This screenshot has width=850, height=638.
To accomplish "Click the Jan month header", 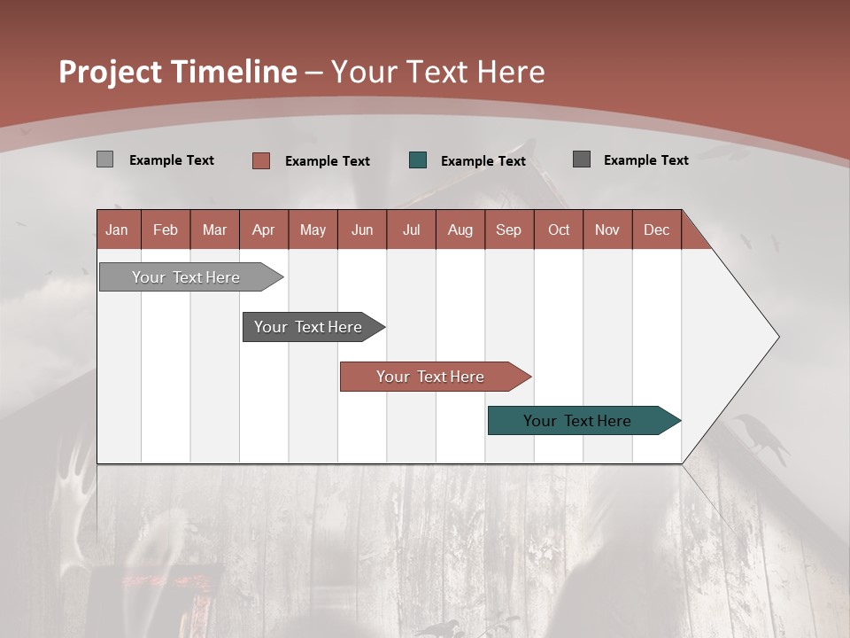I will [117, 230].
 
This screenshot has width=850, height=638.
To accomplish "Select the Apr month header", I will [264, 230].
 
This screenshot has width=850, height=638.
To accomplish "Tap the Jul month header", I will [411, 230].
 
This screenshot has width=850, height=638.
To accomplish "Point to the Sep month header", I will [508, 230].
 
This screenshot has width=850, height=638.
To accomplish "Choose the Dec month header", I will [656, 230].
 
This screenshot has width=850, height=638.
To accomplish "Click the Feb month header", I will [166, 230].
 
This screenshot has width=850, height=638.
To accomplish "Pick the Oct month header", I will [559, 230].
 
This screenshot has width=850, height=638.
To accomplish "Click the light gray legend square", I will [104, 159].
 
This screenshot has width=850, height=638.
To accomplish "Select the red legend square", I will [260, 160].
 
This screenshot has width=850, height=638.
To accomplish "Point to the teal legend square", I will [418, 160].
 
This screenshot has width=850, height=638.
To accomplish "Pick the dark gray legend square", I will [582, 159].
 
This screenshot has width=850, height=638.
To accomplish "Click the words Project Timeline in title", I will [178, 72].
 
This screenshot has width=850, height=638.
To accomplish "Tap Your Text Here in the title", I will [437, 72].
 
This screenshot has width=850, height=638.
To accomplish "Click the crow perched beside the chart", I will [762, 439].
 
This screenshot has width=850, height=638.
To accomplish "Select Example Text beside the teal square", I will [483, 161].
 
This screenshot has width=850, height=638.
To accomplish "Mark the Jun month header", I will [362, 230].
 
